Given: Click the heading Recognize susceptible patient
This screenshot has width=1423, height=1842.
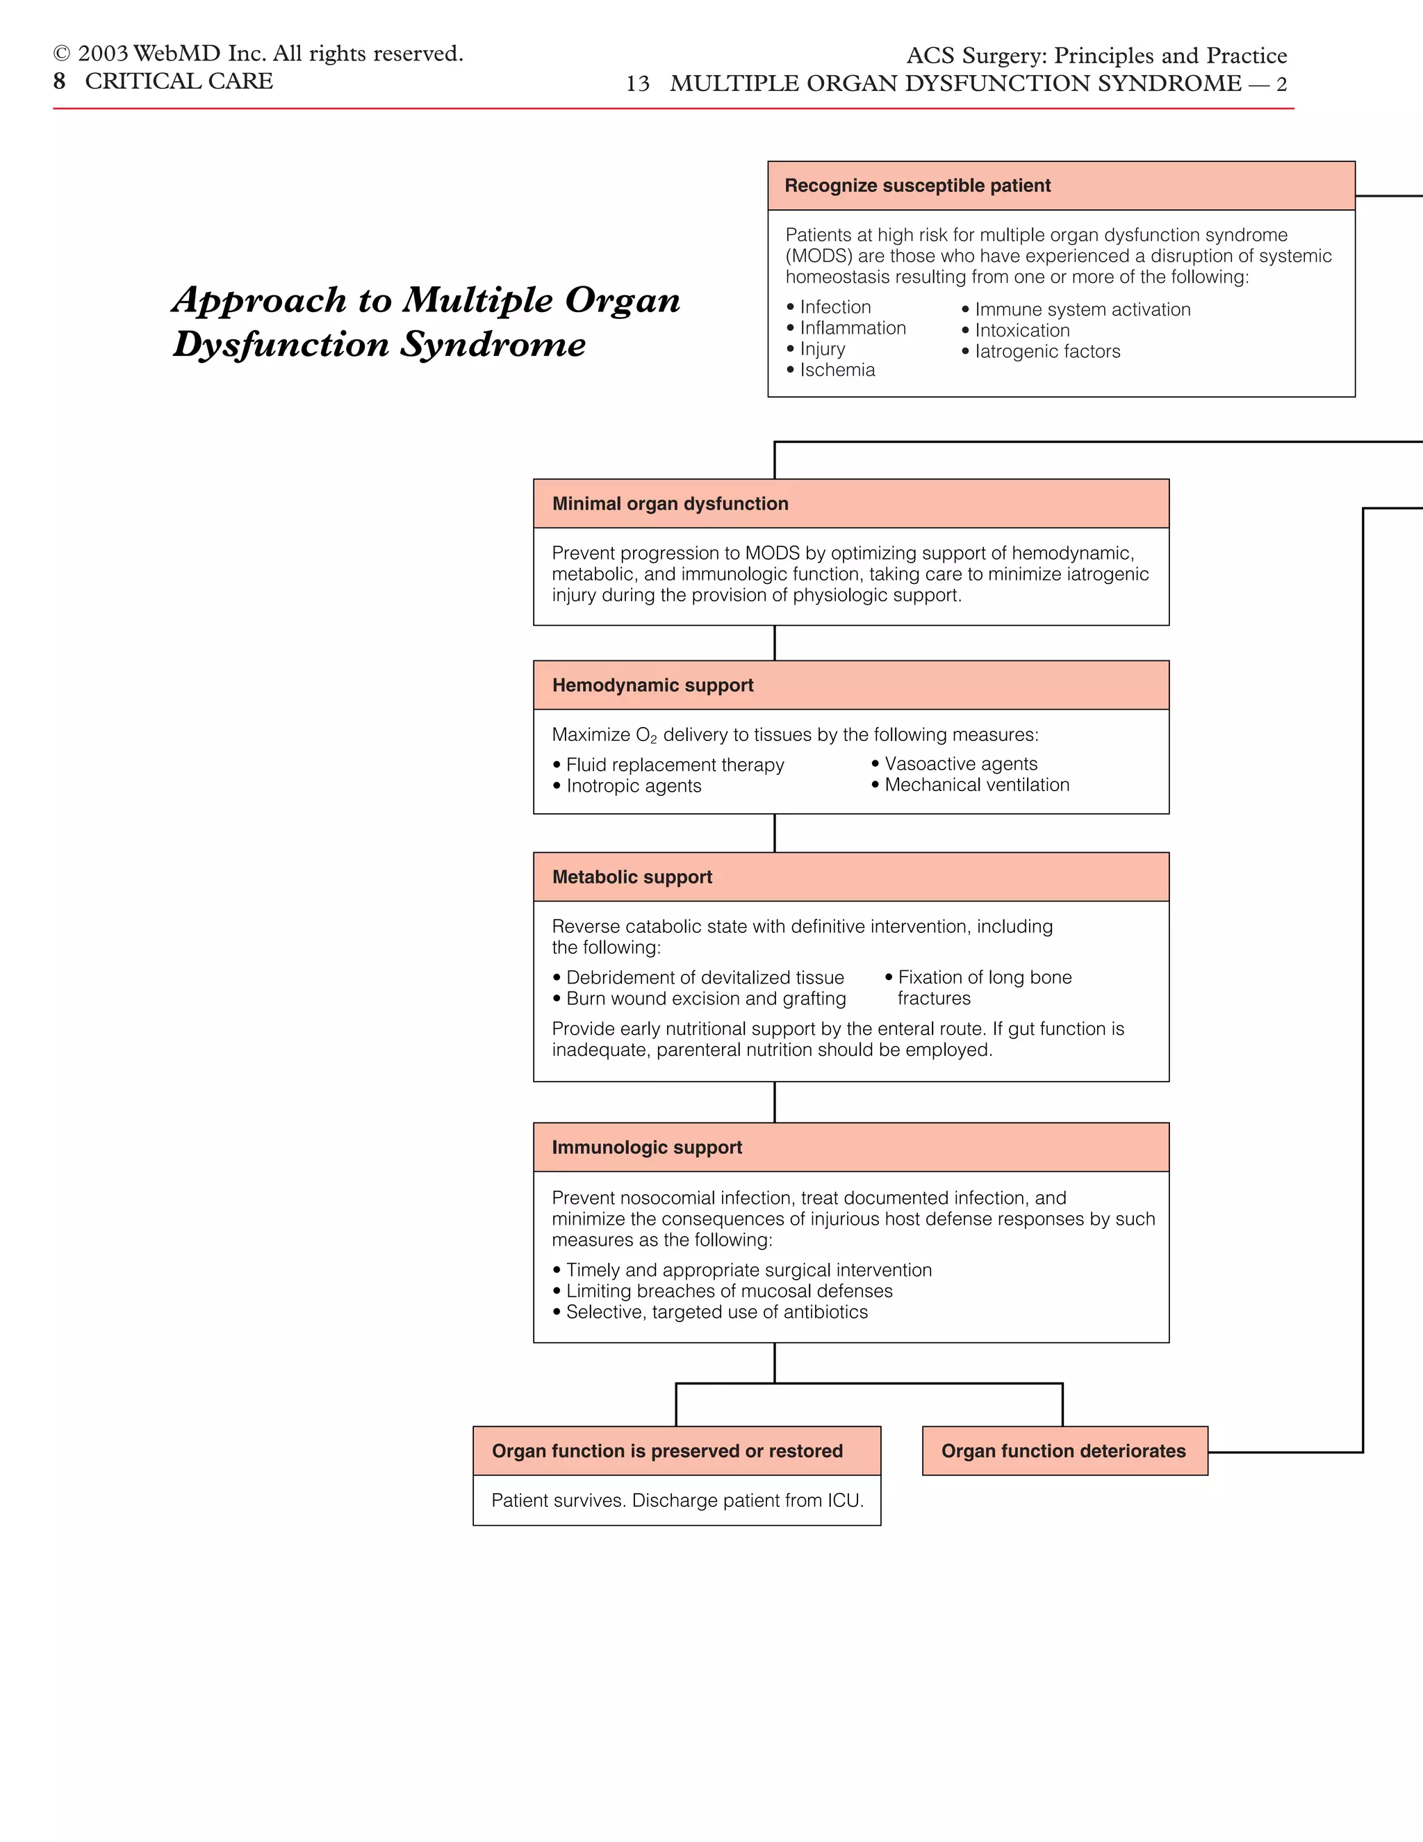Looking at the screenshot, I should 917,186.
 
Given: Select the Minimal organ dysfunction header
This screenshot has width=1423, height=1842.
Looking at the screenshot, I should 671,503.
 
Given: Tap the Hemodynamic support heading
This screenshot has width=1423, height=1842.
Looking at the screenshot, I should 652,685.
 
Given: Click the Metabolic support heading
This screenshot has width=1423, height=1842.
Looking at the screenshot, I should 632,877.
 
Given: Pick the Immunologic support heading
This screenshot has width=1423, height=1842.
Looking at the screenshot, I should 647,1147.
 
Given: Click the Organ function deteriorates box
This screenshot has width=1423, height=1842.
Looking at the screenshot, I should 1064,1451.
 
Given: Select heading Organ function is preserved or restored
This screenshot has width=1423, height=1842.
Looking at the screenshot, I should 667,1451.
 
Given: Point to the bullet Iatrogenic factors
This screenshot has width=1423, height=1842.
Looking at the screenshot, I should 1047,352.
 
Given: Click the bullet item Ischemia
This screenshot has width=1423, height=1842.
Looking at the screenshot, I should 837,370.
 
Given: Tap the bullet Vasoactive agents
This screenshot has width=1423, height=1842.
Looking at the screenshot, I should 960,763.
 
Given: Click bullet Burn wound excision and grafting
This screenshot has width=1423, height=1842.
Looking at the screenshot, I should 706,999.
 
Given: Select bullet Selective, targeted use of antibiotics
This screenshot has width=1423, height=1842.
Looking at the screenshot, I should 716,1312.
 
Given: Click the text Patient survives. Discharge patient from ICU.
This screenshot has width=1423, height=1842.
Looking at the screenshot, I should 677,1501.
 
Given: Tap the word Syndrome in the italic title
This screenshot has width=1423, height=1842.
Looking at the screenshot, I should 493,344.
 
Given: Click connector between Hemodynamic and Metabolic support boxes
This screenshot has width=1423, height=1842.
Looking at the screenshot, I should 775,833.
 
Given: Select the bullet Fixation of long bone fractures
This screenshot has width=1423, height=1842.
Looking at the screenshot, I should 983,988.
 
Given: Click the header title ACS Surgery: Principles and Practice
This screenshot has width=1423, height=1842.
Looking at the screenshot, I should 1096,56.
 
